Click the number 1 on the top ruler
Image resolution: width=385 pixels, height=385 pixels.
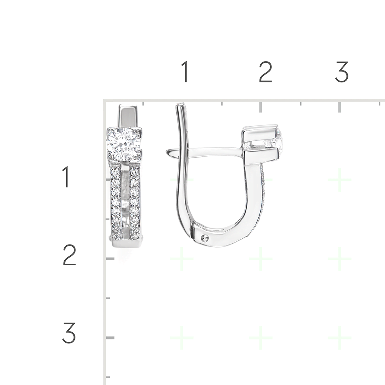pyautogui.click(x=185, y=72)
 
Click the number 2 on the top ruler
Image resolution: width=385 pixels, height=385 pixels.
pyautogui.click(x=265, y=72)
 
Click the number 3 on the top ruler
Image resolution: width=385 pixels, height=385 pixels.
pyautogui.click(x=342, y=72)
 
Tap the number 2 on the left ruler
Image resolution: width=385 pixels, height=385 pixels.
pyautogui.click(x=69, y=255)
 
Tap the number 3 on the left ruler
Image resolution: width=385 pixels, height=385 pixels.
pyautogui.click(x=69, y=333)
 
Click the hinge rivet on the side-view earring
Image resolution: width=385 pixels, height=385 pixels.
pyautogui.click(x=205, y=238)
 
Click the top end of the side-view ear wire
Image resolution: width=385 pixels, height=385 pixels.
pyautogui.click(x=181, y=105)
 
